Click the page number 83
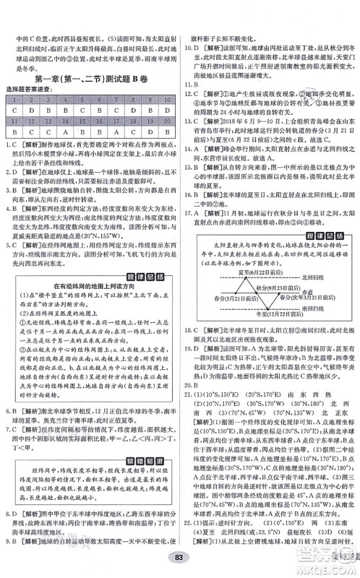[179, 556]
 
